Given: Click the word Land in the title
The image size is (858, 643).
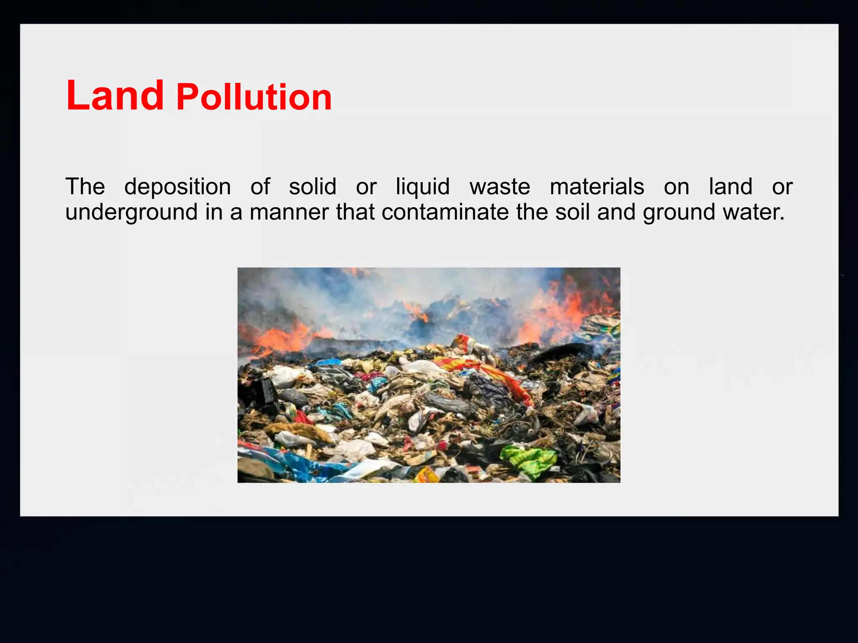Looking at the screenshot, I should [115, 96].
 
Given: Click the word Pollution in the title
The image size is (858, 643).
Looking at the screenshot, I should [254, 98].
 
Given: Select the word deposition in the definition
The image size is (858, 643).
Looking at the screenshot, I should [178, 187].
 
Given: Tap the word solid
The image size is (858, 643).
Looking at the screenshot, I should [313, 187].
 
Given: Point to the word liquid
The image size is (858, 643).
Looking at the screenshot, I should [423, 187].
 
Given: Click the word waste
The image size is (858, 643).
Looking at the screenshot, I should [500, 187].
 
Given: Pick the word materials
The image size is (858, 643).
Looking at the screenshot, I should [597, 187].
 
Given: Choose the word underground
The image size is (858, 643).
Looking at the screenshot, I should [132, 212].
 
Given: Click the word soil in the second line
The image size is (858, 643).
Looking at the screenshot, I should [572, 212].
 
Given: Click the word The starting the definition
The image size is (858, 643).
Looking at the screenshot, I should [85, 187].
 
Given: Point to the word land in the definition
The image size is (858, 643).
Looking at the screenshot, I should [731, 187].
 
